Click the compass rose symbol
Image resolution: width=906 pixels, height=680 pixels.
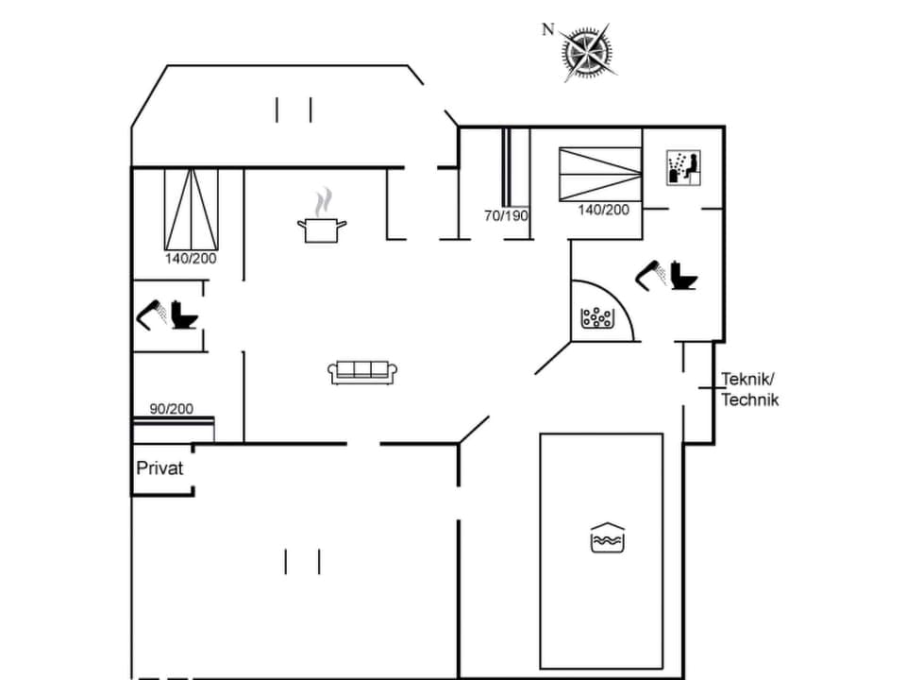click(587, 51)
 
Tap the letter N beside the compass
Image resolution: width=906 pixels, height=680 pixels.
click(547, 29)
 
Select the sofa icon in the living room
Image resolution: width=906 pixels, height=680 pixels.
click(362, 371)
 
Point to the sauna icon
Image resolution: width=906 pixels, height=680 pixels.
click(681, 167)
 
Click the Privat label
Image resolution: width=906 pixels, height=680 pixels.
click(159, 467)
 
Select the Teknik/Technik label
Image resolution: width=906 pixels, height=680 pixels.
click(750, 389)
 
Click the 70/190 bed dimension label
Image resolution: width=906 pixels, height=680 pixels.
click(506, 215)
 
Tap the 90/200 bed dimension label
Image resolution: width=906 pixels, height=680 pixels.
click(171, 409)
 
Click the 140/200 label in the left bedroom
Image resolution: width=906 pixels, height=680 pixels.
click(191, 258)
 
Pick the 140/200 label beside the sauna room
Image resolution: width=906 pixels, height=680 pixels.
click(603, 210)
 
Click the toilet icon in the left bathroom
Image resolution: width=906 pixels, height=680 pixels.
click(185, 314)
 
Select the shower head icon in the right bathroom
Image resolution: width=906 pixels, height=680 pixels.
click(649, 275)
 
